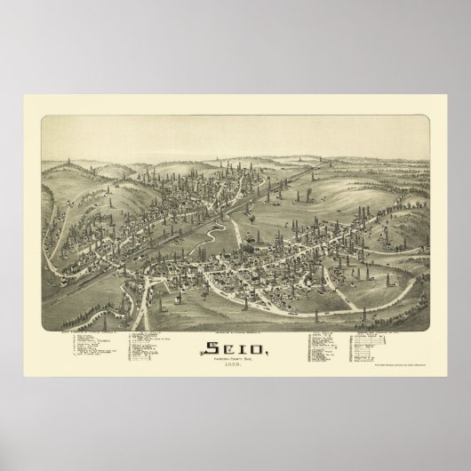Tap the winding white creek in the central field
coord(212,214)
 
